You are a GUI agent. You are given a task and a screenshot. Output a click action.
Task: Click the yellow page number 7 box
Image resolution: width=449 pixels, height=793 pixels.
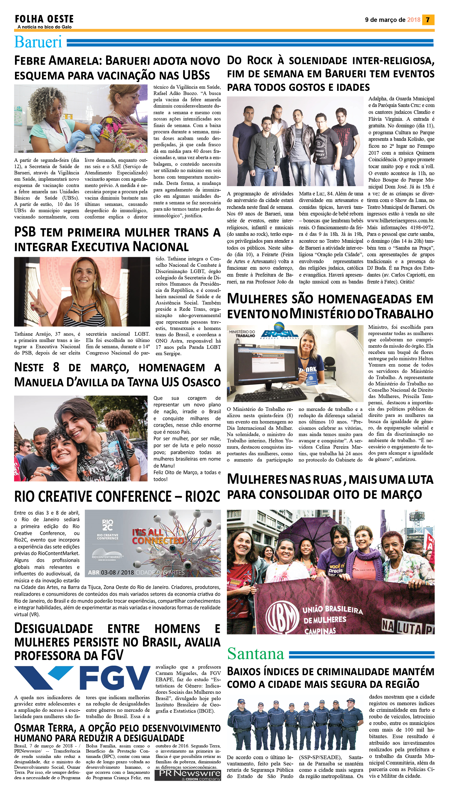point(428,20)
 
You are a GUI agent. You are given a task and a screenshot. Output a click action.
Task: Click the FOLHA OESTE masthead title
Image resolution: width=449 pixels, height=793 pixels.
point(44,19)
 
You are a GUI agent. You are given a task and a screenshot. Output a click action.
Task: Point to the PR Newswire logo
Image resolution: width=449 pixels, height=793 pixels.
point(188,775)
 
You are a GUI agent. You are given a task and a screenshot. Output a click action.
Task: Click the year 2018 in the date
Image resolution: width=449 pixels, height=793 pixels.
point(414,20)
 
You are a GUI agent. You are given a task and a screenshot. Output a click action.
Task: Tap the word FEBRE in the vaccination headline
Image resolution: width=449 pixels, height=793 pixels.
point(30,61)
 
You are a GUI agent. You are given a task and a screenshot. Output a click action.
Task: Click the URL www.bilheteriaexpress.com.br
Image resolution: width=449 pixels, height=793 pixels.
point(400,221)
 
